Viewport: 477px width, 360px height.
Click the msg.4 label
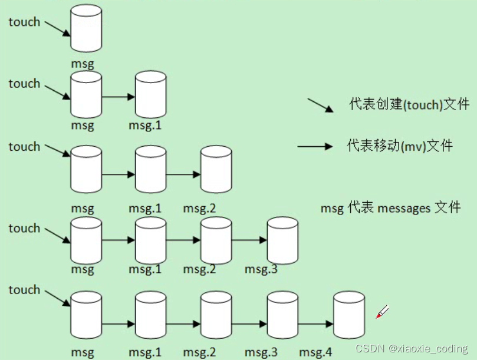tap(315, 352)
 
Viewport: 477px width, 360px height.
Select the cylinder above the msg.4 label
tap(349, 313)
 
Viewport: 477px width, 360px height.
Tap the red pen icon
tap(383, 312)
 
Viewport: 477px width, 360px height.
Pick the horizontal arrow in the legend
tap(315, 146)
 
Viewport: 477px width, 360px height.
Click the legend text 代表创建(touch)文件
tap(409, 104)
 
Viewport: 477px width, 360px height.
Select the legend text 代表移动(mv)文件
tap(400, 145)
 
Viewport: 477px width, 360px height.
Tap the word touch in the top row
tap(24, 22)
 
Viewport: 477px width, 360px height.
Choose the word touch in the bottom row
tap(24, 290)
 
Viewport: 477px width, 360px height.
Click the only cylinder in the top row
tap(86, 29)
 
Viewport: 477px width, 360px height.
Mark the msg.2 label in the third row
tap(199, 209)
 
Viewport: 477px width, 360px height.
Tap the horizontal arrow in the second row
tap(119, 97)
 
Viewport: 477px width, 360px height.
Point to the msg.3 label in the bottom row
tap(261, 352)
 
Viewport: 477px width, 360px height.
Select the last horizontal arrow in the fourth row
tap(249, 240)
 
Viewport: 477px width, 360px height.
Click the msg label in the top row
tap(83, 62)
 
